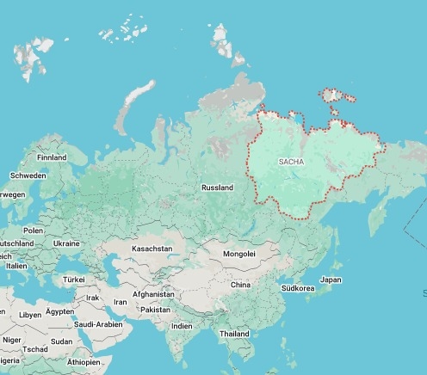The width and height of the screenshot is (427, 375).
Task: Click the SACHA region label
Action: pyautogui.click(x=292, y=162)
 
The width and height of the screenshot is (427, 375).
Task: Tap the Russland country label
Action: pyautogui.click(x=217, y=187)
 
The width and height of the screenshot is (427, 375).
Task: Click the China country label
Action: pyautogui.click(x=240, y=285)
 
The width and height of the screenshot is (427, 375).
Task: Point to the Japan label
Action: pyautogui.click(x=331, y=280)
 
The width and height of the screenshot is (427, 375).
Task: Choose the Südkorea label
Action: pyautogui.click(x=298, y=288)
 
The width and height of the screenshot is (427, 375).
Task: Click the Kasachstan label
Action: pyautogui.click(x=152, y=249)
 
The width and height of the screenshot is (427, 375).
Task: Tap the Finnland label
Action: pyautogui.click(x=52, y=158)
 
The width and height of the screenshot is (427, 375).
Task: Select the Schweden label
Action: pyautogui.click(x=28, y=175)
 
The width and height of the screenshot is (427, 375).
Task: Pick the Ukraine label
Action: pyautogui.click(x=66, y=243)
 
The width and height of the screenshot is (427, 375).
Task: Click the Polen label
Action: pyautogui.click(x=33, y=231)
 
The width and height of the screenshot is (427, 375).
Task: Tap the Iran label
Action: pyautogui.click(x=120, y=303)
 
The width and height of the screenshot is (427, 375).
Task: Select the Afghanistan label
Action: pyautogui.click(x=153, y=294)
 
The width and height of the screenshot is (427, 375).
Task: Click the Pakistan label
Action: pyautogui.click(x=156, y=310)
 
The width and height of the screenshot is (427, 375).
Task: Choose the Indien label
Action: pyautogui.click(x=182, y=326)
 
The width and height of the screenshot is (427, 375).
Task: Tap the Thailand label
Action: pyautogui.click(x=234, y=334)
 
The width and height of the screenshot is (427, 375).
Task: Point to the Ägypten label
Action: pyautogui.click(x=59, y=310)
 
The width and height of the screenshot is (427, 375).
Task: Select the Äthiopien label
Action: pyautogui.click(x=84, y=362)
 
